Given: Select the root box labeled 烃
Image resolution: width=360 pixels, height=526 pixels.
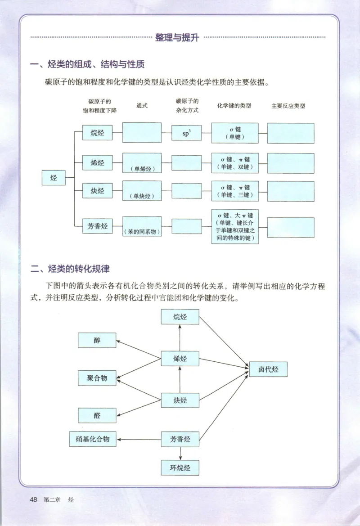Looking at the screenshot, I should [54, 178].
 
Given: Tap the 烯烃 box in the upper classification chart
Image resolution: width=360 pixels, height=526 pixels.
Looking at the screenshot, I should [97, 163].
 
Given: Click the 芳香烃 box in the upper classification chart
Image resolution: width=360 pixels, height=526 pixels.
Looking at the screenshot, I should [97, 226].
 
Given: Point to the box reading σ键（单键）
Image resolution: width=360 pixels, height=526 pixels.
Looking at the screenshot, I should [235, 133].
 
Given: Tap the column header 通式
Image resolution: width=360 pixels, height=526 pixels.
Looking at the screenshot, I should [142, 106].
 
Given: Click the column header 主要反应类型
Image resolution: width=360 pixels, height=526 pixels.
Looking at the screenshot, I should [288, 106].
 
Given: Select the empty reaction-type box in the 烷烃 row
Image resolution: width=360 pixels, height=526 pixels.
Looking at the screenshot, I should [290, 133].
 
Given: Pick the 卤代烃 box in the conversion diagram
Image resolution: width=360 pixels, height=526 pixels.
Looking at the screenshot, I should [268, 369].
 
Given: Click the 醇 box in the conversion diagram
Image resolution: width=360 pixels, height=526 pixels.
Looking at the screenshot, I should [97, 340].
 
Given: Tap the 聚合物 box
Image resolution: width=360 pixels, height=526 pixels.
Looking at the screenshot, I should [97, 378].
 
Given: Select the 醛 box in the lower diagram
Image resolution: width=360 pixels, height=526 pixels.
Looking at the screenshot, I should [97, 415].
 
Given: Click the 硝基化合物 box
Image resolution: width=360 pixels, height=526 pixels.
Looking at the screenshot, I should [93, 439].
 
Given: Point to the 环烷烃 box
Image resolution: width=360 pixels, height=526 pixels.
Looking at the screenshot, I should [180, 468].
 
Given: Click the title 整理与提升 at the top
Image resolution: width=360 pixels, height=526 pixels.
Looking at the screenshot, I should [177, 38].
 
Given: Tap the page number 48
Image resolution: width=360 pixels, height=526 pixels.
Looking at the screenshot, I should [33, 499].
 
